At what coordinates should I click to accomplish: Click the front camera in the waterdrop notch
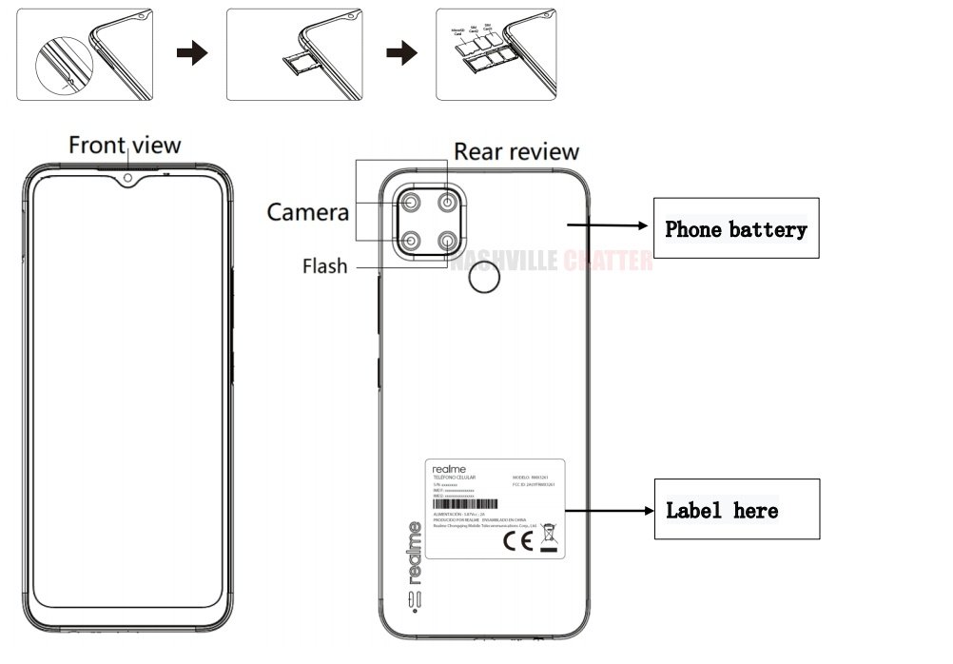pos(127,176)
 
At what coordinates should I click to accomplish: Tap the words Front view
pos(125,146)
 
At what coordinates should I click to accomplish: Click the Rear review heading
pos(515,151)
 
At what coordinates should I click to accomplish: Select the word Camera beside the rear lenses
pos(307,212)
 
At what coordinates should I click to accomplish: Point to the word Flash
pos(324,266)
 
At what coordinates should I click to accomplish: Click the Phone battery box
pos(735,228)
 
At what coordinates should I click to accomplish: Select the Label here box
pos(735,510)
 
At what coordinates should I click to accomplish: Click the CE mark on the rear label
pos(517,542)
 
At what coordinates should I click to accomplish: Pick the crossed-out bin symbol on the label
pos(547,539)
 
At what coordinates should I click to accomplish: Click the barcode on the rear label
pos(473,504)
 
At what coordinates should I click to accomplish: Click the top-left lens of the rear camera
pos(412,204)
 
